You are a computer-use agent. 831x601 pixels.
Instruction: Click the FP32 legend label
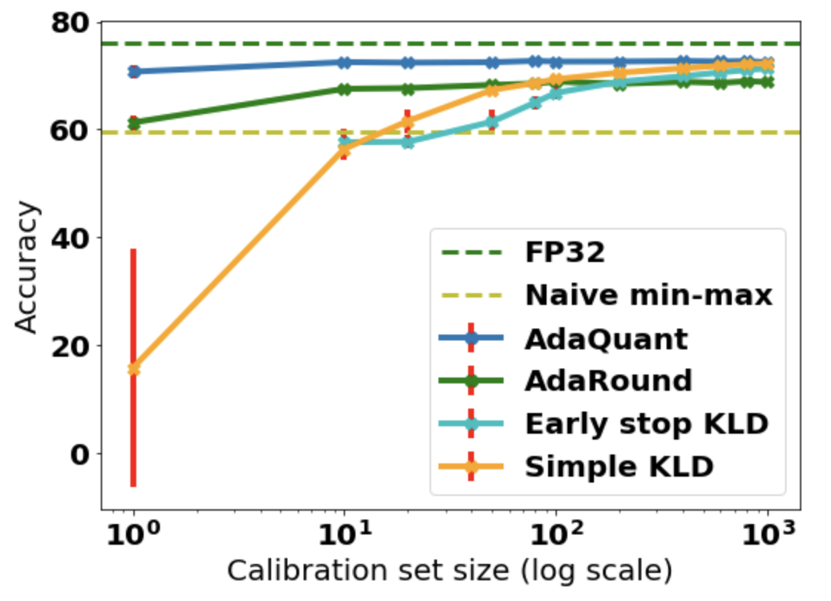(x=565, y=253)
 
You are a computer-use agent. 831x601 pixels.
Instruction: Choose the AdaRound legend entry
(x=608, y=381)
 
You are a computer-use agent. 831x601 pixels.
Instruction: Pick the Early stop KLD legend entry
(x=647, y=424)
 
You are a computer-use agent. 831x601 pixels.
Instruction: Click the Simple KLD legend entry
(x=618, y=467)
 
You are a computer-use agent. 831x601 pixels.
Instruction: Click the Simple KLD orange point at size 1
(x=134, y=369)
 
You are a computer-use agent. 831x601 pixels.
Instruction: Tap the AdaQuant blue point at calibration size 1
(x=134, y=72)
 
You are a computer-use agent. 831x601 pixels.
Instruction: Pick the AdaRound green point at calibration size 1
(x=134, y=123)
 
